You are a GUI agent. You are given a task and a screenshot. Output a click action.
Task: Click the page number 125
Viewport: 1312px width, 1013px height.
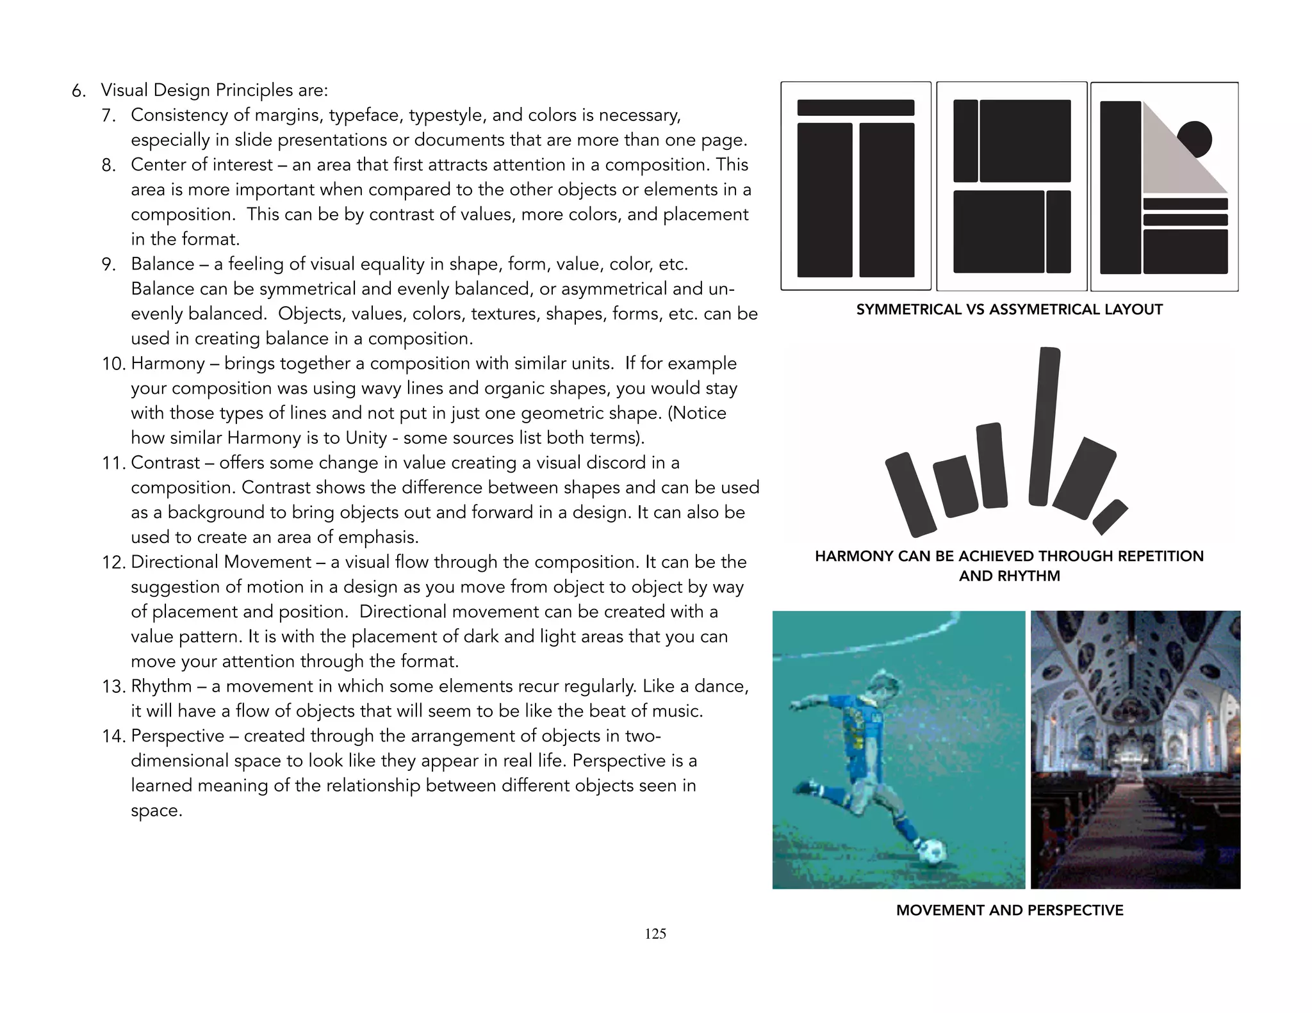655,934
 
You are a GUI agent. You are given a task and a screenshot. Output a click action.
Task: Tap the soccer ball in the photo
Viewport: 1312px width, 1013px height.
932,851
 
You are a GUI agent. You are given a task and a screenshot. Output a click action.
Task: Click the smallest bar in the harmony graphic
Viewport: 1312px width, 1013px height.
1110,517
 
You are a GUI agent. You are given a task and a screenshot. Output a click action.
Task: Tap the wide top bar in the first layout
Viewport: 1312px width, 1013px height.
855,108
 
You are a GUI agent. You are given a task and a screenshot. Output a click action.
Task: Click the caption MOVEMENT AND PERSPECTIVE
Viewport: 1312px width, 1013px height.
1009,910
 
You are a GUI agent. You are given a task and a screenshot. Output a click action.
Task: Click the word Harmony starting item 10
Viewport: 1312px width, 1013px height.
167,364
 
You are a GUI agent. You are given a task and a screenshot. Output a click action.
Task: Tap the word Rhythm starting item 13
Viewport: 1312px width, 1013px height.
161,686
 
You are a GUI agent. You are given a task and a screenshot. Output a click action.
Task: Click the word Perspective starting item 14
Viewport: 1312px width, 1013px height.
177,736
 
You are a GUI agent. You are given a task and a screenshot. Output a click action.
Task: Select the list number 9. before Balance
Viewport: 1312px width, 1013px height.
108,264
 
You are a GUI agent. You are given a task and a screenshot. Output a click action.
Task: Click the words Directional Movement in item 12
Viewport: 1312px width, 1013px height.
220,562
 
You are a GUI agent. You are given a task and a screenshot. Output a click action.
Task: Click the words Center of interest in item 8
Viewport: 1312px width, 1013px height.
201,165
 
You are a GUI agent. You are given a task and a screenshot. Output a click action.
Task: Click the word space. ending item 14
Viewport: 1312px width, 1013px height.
156,811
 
